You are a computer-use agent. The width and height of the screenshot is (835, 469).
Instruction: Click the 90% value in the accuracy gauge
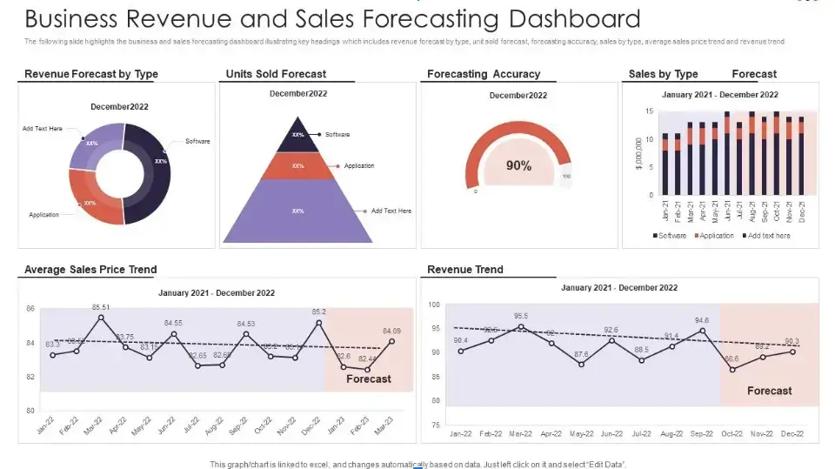[518, 165]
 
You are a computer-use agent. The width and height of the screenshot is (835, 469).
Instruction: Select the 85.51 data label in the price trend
[101, 307]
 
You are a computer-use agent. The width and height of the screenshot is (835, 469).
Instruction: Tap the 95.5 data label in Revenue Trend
[521, 317]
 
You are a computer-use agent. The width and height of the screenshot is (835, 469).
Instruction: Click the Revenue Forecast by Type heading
[91, 74]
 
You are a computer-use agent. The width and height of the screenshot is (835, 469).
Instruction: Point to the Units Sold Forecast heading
[276, 74]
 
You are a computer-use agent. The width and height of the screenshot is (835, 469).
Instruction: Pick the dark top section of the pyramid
[298, 135]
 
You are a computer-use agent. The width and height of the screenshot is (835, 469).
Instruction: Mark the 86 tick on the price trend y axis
[30, 309]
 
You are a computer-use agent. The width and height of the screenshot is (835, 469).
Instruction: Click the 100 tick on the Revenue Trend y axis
[435, 305]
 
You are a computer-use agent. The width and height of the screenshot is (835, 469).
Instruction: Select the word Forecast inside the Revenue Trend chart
[770, 391]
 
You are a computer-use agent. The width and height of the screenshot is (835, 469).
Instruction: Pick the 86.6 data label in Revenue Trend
[731, 358]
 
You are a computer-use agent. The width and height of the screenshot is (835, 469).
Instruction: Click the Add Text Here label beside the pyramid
[391, 211]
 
